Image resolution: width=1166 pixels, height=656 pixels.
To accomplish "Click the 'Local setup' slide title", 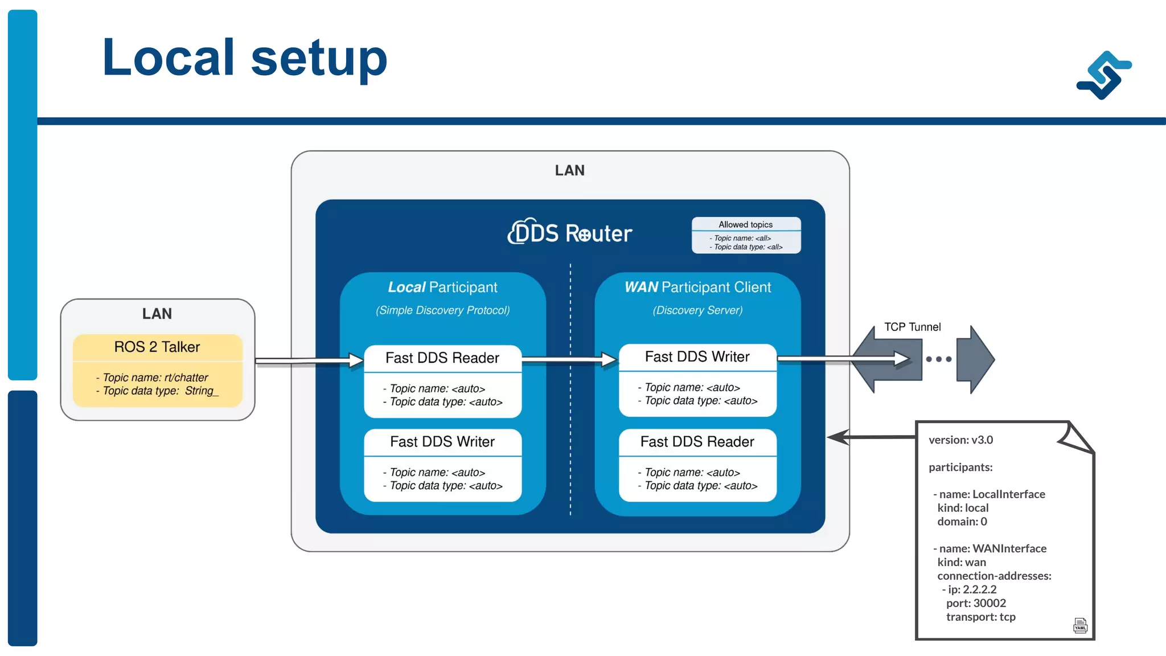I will coord(245,58).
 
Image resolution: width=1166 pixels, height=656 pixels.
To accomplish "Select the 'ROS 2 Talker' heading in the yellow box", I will coord(157,347).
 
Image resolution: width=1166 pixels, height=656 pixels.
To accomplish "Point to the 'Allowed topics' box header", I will coord(745,224).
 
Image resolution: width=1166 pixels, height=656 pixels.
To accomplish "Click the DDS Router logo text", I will coord(570,233).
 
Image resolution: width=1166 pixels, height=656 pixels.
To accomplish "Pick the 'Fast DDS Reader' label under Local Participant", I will coord(442,358).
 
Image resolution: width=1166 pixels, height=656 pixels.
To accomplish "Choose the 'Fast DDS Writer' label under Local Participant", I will coord(442,441).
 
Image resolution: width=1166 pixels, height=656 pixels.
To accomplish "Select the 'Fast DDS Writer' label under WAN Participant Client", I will coord(697,356).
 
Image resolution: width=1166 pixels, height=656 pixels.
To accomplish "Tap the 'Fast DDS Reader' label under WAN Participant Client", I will coord(697,441).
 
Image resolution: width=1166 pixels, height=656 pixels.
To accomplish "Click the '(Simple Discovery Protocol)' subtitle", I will coord(442,310).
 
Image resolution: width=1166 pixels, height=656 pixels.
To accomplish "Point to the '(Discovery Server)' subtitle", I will coord(697,310).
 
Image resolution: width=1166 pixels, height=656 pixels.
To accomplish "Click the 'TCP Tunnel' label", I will coord(912,327).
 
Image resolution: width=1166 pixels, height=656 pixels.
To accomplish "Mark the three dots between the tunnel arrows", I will coord(938,359).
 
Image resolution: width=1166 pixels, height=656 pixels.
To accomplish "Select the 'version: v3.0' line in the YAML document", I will coord(960,440).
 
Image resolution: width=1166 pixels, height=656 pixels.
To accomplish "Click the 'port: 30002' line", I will coord(976,603).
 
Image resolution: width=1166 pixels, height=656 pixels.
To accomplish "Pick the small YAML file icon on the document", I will coord(1080,625).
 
